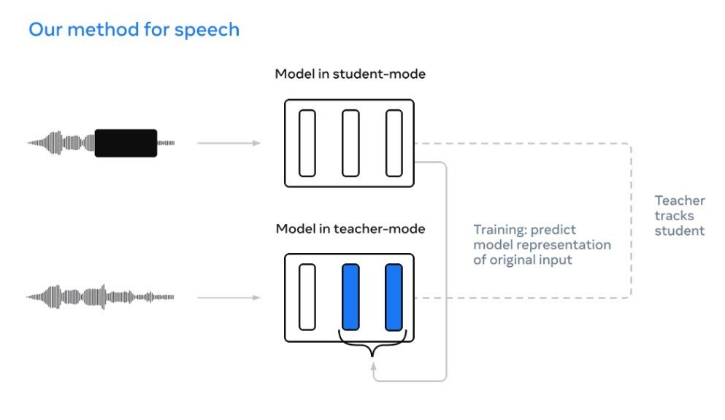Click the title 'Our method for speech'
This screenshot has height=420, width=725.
click(x=134, y=31)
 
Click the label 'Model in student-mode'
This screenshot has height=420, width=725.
click(x=350, y=74)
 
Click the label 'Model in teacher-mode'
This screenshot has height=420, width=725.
click(x=350, y=229)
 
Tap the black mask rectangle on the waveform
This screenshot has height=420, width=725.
click(x=126, y=143)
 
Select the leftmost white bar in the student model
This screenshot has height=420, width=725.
click(x=307, y=143)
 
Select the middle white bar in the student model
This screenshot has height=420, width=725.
click(x=350, y=143)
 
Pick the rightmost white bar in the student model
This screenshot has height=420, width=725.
click(x=394, y=143)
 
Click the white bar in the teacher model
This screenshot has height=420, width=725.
click(x=307, y=297)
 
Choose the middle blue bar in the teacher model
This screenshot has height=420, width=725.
click(x=350, y=297)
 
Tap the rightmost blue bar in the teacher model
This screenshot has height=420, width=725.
click(x=394, y=297)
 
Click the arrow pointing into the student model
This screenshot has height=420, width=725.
click(x=229, y=143)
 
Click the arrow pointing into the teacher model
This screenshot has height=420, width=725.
click(x=229, y=297)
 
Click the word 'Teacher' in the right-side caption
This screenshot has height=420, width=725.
click(x=680, y=201)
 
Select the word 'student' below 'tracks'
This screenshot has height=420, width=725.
click(x=680, y=231)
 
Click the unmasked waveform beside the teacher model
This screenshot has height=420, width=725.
click(x=100, y=297)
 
